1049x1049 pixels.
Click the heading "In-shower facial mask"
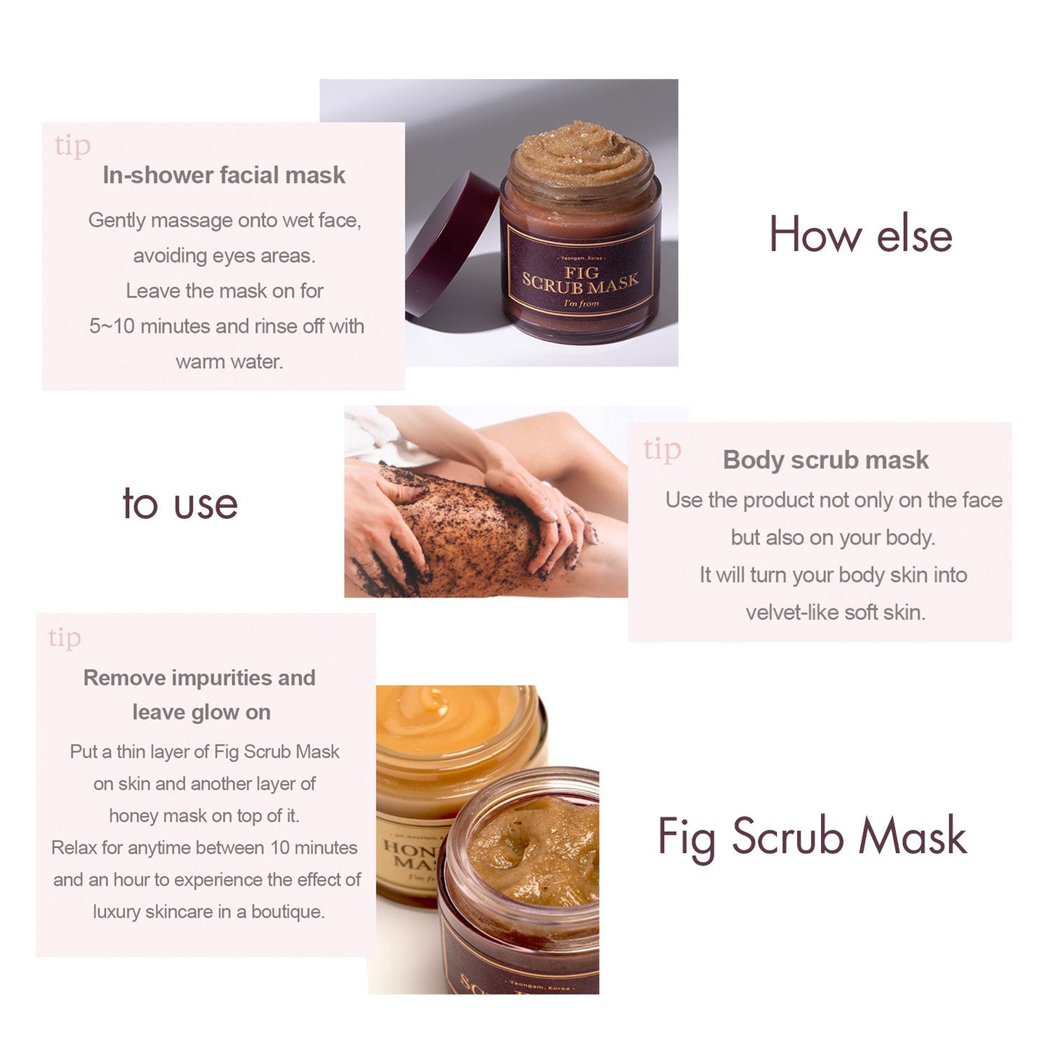224,175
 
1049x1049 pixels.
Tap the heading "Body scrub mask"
825,460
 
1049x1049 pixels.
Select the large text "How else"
860,234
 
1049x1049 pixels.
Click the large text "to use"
180,504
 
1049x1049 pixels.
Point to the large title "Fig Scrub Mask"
812,836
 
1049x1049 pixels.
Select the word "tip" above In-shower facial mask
73,146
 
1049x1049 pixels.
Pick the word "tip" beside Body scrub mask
662,450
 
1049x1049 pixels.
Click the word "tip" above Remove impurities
65,638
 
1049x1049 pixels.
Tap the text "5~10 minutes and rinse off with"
226,326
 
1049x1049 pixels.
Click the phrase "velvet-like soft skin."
835,612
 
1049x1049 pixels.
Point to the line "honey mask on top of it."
204,816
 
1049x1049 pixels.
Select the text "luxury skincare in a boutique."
208,912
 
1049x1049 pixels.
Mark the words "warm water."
229,362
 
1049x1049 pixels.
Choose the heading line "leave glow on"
201,712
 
